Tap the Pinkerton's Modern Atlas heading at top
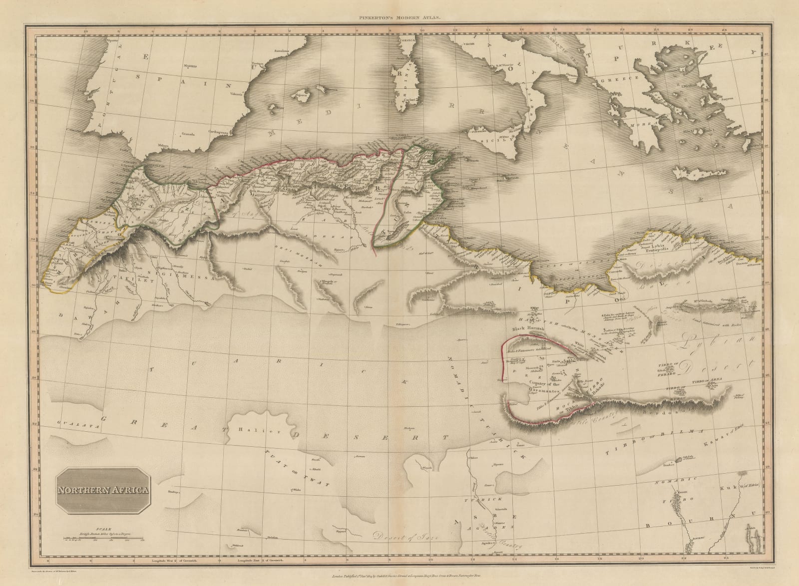[399, 18]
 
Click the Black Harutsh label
[530, 329]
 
